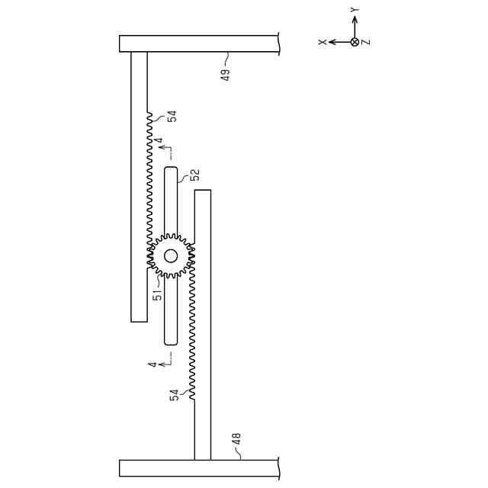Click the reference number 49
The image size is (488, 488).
point(226,75)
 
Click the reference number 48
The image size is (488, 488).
point(236,439)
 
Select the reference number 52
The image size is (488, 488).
point(195,175)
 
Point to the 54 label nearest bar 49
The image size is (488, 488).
point(172,116)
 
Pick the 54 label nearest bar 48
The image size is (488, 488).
point(175,395)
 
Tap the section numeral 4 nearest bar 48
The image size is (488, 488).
point(152,364)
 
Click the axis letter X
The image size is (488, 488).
point(323,42)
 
